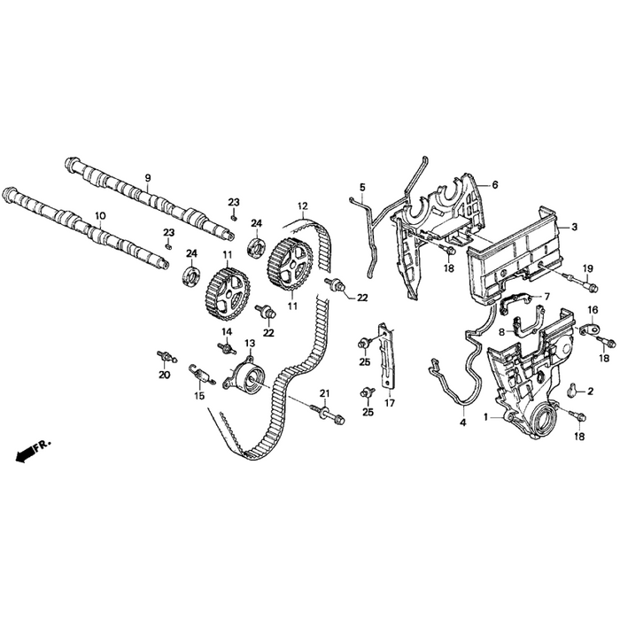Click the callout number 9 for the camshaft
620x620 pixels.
click(148, 178)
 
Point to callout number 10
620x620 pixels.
click(100, 215)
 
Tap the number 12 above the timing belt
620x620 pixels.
click(302, 205)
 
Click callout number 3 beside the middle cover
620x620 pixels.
click(575, 228)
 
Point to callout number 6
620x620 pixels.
click(495, 184)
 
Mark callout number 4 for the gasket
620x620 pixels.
click(462, 422)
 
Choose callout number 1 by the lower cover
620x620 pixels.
click(485, 415)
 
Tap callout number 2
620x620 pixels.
click(591, 390)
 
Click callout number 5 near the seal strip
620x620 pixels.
click(362, 187)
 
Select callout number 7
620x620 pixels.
click(546, 296)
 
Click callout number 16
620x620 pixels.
click(593, 309)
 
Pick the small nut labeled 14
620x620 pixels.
click(226, 345)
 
